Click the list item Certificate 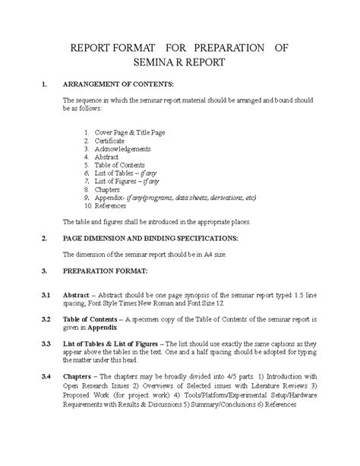pos(109,141)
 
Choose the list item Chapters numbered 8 pos(107,190)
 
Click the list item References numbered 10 pos(112,206)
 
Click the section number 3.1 pos(46,293)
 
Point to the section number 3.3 pos(46,344)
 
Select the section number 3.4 pos(46,377)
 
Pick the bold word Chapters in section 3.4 pos(78,377)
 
